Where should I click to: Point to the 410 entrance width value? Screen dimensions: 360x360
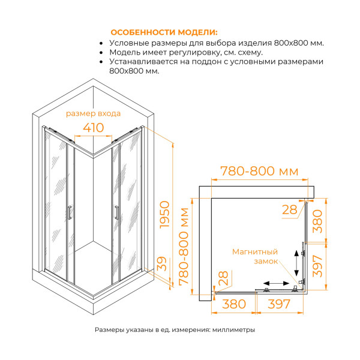[x=93, y=128]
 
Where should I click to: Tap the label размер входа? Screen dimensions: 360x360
[x=93, y=113]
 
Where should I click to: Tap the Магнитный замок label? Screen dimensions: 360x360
[x=255, y=257]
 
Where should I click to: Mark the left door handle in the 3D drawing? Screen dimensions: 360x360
[x=70, y=213]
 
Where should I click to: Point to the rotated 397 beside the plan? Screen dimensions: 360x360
[x=318, y=265]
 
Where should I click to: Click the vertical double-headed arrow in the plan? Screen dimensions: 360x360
[x=296, y=262]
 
